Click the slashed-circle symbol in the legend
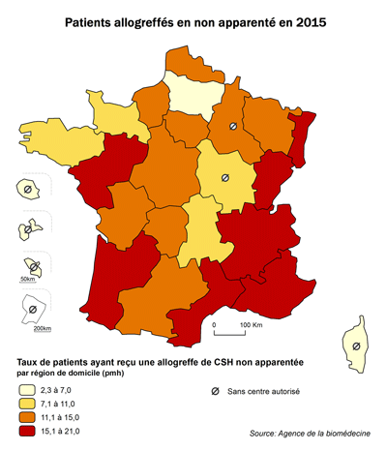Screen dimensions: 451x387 (214, 391)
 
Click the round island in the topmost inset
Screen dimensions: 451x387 (29, 191)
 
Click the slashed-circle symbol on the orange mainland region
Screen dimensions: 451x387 (232, 127)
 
